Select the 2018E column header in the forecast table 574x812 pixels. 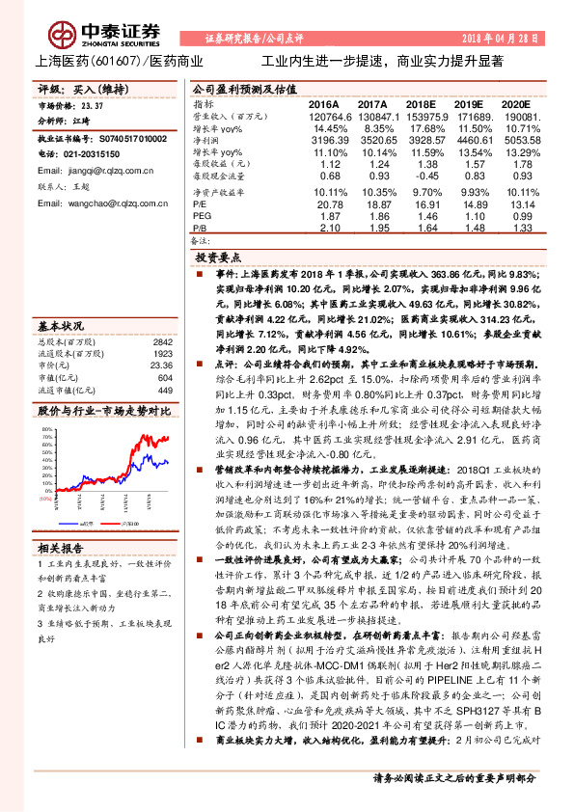point(421,103)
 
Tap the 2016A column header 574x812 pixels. point(324,103)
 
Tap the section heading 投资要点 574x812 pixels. point(216,259)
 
